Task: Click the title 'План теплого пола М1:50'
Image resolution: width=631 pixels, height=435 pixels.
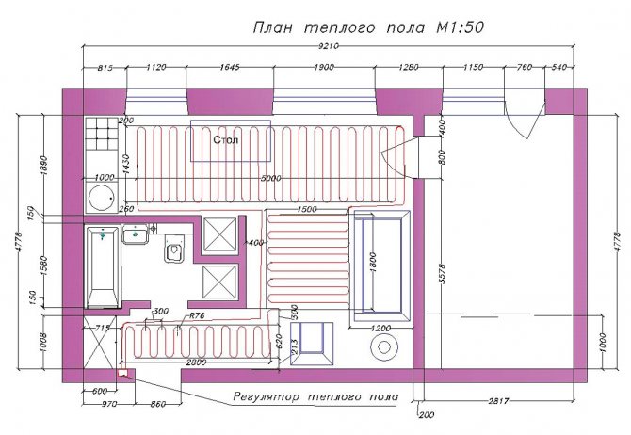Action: (368, 28)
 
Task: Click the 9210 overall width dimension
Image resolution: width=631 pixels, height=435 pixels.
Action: (329, 46)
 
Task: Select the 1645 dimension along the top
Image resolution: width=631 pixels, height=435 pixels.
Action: (230, 67)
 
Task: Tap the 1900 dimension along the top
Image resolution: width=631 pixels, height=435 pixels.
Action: (324, 67)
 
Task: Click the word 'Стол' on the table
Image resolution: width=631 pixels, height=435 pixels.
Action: (225, 139)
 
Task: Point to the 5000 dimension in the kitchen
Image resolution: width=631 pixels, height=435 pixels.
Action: (270, 178)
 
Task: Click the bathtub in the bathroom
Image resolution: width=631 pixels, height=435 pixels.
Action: (103, 266)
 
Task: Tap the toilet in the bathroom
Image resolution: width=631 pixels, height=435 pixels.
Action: (174, 250)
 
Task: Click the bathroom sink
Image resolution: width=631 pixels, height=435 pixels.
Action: (136, 234)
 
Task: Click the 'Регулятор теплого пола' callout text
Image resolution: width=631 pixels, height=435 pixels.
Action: (315, 397)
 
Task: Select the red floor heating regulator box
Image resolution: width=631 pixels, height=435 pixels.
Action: (121, 373)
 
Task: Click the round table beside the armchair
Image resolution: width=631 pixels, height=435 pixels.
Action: (384, 347)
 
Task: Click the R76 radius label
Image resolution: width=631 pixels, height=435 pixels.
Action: (197, 315)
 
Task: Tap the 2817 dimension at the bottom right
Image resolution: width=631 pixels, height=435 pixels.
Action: (498, 401)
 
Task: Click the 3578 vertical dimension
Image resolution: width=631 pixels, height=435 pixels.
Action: (443, 274)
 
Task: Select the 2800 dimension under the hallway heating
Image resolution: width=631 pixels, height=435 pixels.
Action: (196, 362)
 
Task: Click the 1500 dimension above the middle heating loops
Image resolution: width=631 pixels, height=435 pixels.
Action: (307, 209)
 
